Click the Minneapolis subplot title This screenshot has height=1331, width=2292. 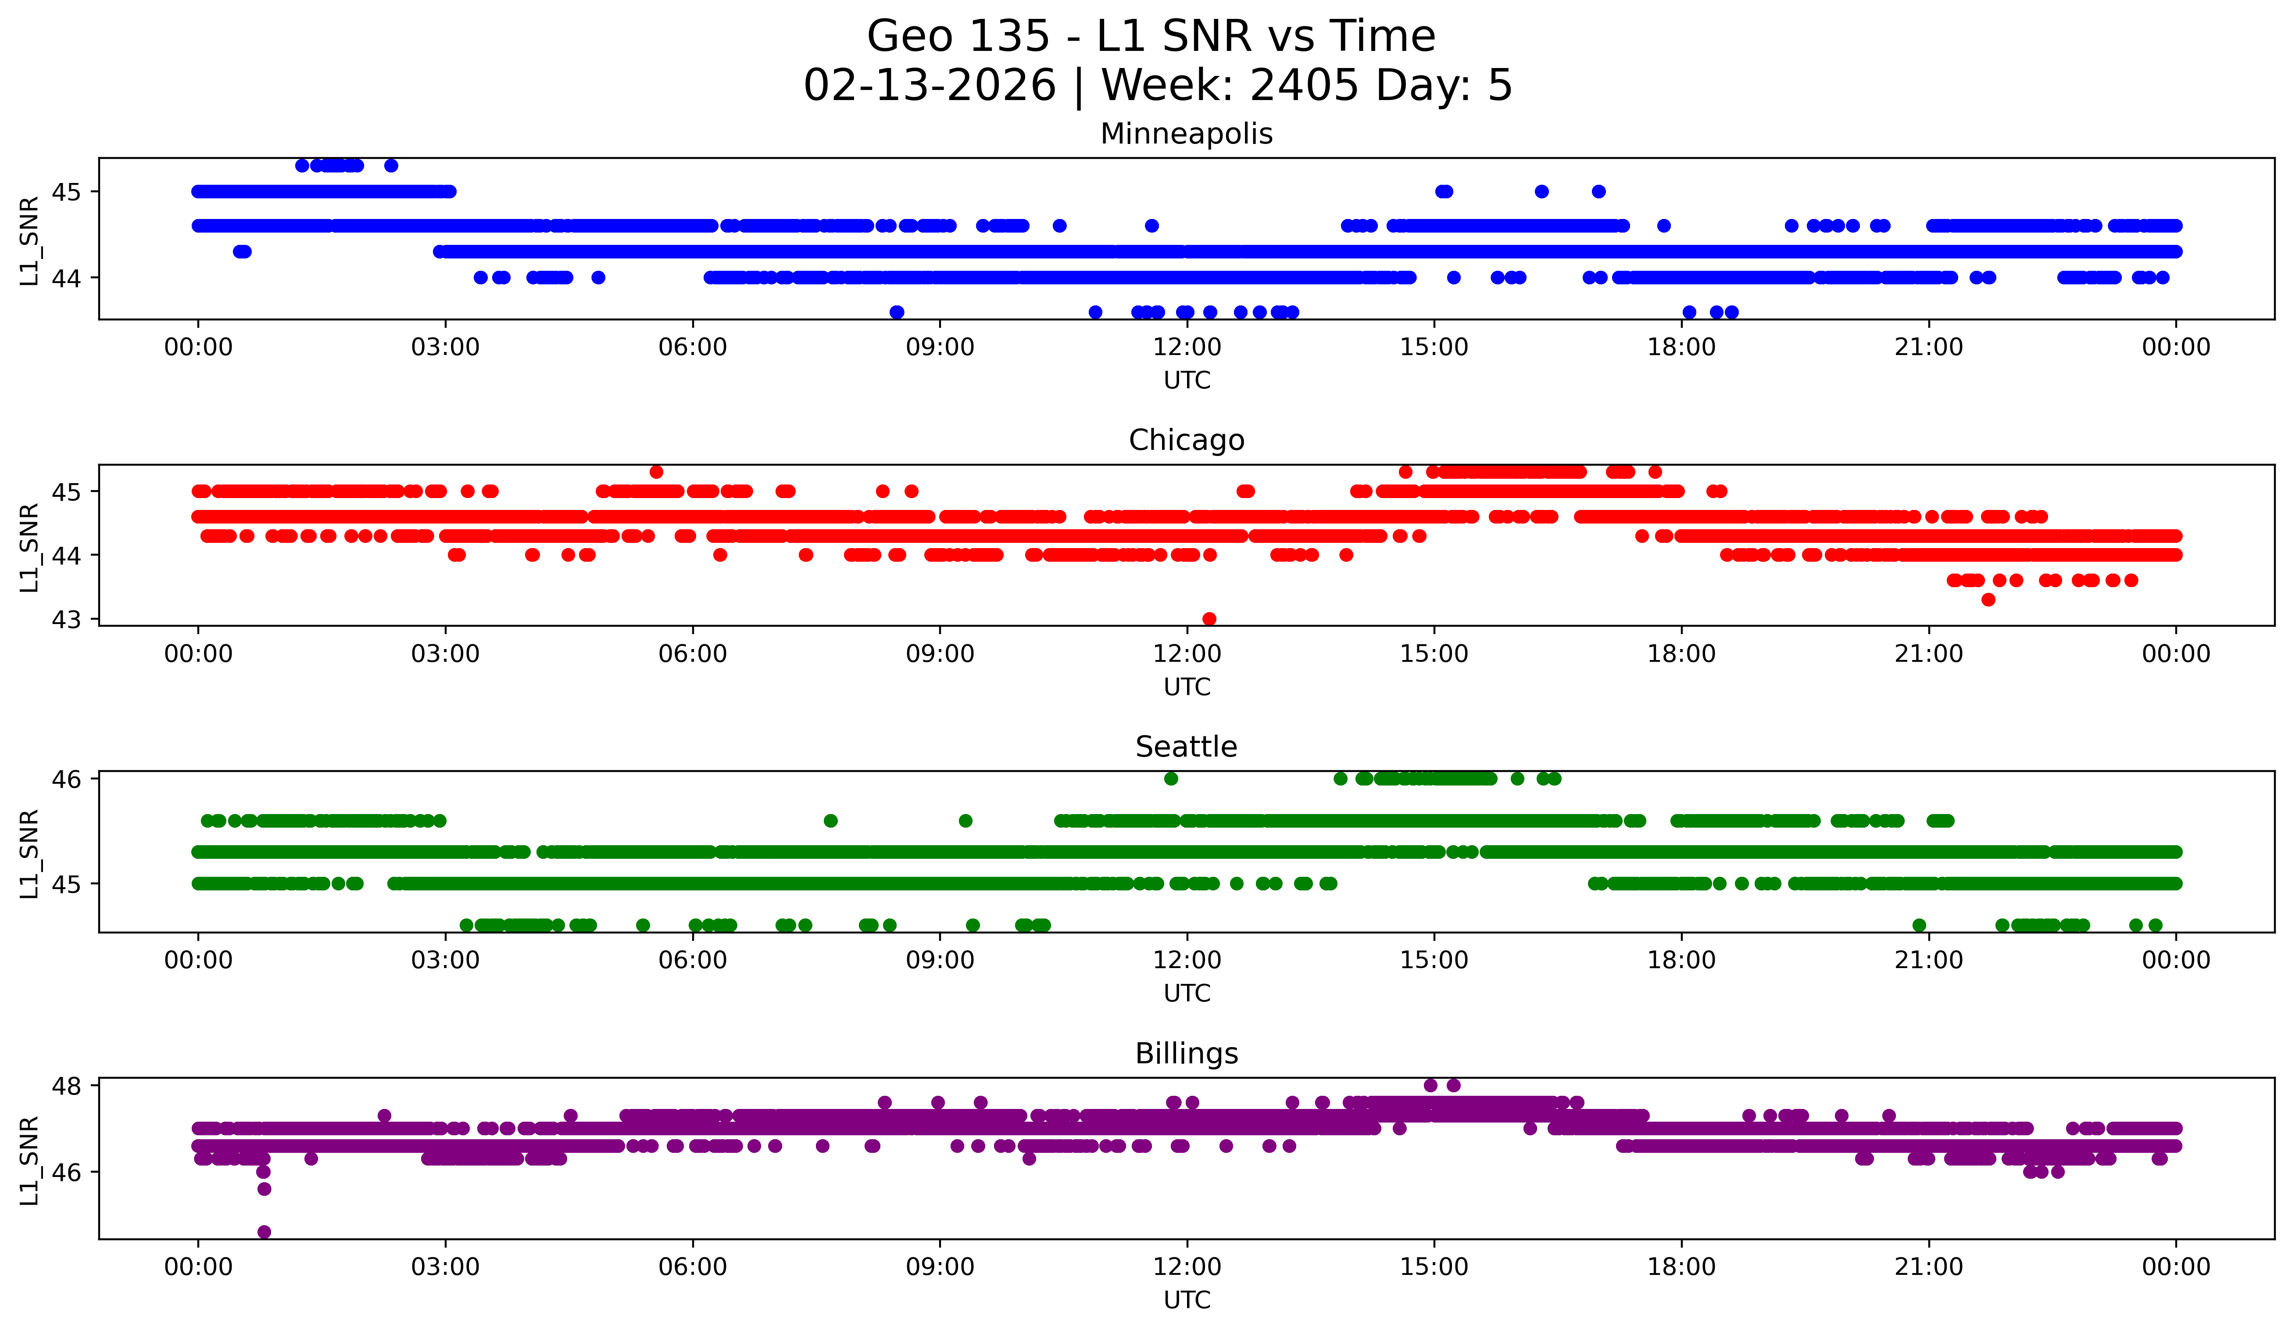1186,134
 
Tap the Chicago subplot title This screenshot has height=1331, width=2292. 1186,440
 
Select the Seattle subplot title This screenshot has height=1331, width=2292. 1186,747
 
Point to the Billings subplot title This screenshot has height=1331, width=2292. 1186,1054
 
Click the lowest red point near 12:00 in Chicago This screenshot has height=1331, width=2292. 1209,619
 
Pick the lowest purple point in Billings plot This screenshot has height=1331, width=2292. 264,1232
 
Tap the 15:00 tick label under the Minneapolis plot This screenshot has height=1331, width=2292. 1434,348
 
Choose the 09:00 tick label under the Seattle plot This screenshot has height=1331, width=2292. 940,961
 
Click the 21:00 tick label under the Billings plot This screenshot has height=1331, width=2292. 1928,1267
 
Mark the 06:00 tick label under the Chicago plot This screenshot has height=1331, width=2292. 692,654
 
